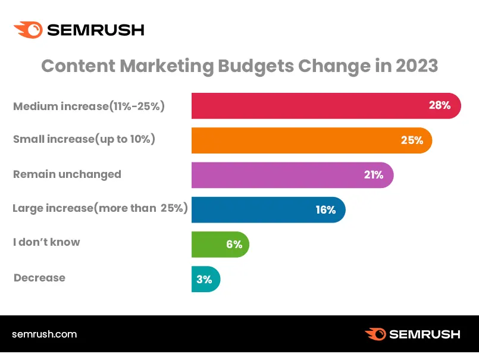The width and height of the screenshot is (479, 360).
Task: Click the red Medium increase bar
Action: [x=309, y=106]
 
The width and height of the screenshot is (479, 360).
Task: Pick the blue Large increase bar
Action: [x=256, y=209]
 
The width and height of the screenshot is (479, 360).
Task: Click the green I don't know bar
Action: [x=208, y=244]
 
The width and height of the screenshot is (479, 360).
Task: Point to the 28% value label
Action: [x=440, y=106]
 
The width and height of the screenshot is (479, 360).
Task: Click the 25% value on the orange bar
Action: [x=412, y=140]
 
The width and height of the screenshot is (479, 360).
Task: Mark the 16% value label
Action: [x=325, y=209]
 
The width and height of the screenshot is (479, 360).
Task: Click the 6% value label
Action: [x=234, y=244]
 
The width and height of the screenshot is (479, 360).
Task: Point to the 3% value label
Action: [x=204, y=279]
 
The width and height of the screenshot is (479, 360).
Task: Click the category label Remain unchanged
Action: [x=67, y=174]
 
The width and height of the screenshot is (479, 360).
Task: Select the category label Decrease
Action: [x=39, y=277]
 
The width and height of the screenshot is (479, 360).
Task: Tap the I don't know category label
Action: [x=46, y=242]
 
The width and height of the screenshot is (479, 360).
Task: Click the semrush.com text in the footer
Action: [x=44, y=334]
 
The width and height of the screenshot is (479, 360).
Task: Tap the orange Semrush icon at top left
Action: [x=28, y=30]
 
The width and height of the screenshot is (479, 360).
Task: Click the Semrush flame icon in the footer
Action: [x=376, y=334]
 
